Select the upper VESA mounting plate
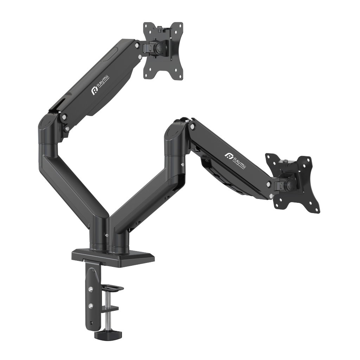[163, 51]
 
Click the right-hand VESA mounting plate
[293, 183]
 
